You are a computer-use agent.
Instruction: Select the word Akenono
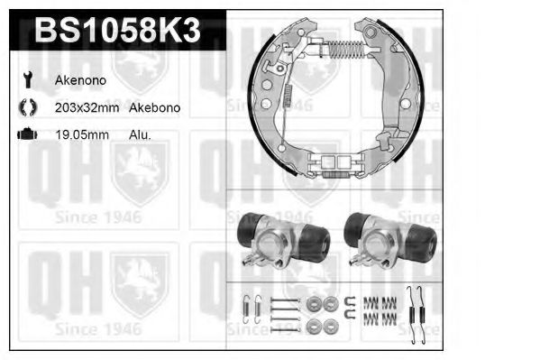(x=81, y=79)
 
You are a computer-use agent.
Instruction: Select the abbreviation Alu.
(x=140, y=134)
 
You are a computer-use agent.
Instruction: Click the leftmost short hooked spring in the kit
(x=255, y=312)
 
